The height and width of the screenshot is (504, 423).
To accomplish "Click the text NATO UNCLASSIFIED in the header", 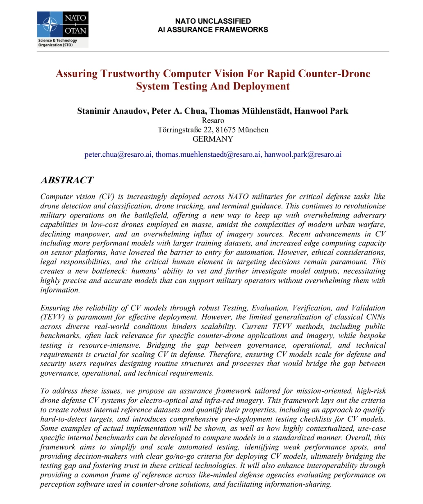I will click(x=213, y=21).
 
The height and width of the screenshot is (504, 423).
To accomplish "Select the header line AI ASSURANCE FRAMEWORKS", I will click(x=213, y=30).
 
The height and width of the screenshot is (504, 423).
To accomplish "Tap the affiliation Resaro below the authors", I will click(x=213, y=121).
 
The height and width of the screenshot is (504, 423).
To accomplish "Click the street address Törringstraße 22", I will click(x=184, y=130).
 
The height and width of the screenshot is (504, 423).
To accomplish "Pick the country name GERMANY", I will click(x=213, y=139).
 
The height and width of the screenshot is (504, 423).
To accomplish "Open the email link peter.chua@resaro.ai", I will click(x=118, y=155).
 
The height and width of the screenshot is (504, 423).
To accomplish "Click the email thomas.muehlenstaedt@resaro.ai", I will click(x=208, y=155).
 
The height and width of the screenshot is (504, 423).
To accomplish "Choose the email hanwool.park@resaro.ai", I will click(x=302, y=155).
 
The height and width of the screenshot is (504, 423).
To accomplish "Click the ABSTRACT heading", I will click(x=67, y=180).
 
